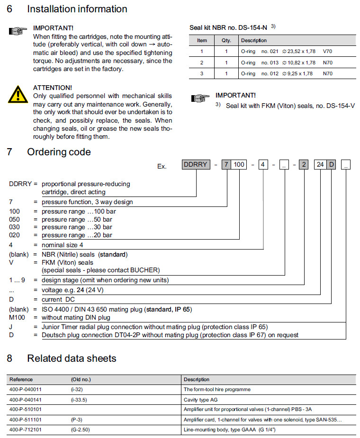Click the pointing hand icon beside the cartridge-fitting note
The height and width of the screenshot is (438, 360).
click(x=18, y=32)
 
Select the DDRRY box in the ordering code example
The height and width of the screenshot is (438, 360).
click(x=195, y=164)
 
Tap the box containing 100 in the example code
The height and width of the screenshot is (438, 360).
click(x=240, y=164)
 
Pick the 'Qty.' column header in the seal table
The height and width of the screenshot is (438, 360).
click(x=226, y=40)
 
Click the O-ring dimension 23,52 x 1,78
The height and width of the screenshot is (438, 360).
click(x=299, y=51)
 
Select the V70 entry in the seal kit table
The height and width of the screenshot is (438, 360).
click(x=328, y=51)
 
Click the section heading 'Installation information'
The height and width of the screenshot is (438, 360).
click(x=77, y=9)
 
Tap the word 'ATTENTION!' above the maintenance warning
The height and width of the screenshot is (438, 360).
click(x=53, y=88)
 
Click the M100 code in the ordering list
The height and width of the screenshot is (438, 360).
click(x=18, y=317)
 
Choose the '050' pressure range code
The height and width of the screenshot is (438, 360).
click(x=15, y=219)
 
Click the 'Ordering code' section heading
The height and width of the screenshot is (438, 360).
click(x=59, y=152)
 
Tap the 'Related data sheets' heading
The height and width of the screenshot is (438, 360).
click(x=72, y=358)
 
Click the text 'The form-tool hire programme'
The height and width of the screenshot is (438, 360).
click(x=217, y=389)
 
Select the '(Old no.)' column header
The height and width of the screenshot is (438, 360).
click(x=81, y=379)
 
